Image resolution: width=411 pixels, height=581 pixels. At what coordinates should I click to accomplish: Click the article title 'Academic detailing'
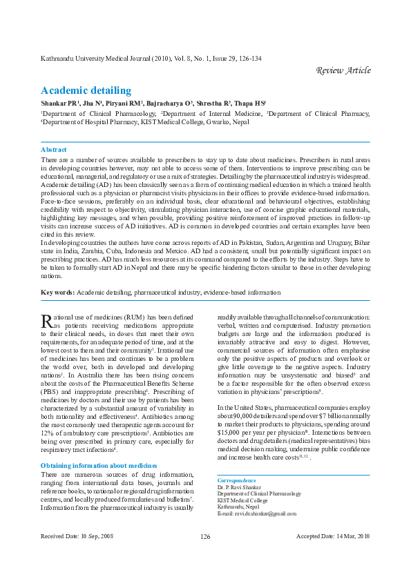click(86, 90)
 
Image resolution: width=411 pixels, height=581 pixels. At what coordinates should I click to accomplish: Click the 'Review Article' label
click(343, 70)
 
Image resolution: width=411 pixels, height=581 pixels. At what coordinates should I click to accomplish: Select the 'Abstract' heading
click(54, 149)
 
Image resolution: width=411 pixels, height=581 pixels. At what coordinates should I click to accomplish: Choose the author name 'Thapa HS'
click(249, 103)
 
